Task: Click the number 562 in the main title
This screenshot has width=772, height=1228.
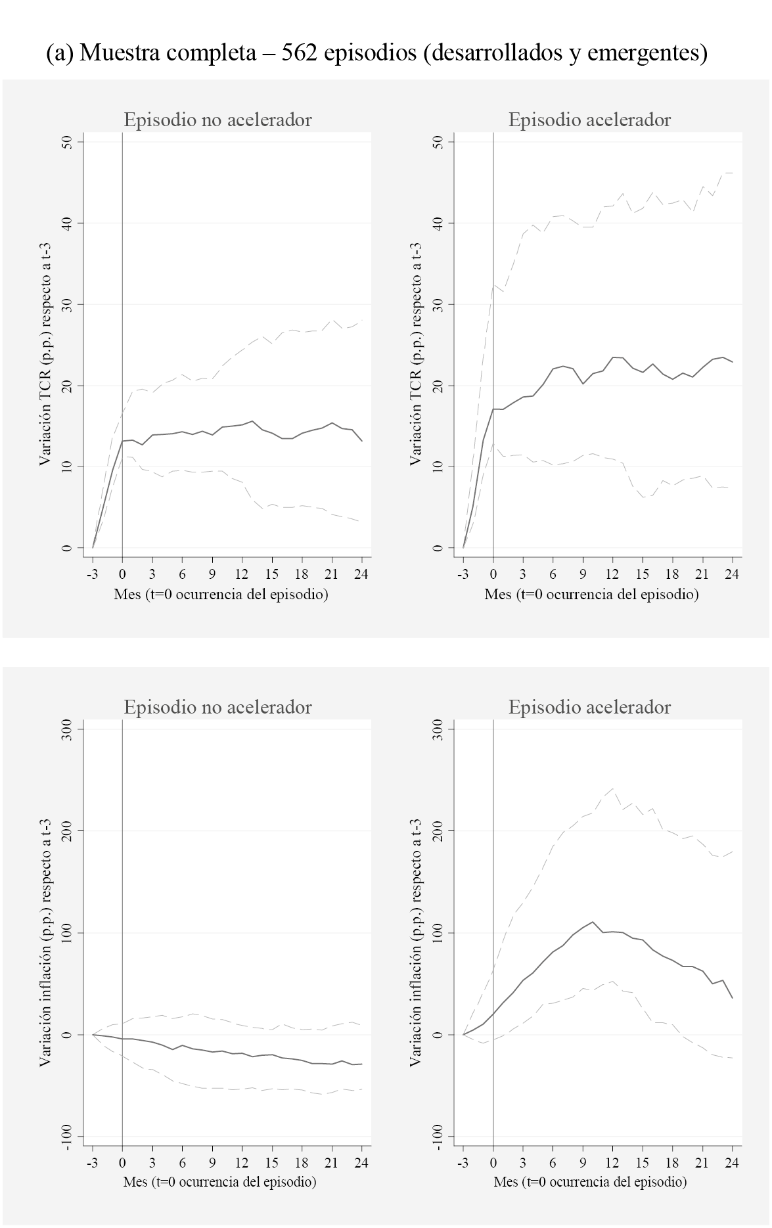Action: coord(299,52)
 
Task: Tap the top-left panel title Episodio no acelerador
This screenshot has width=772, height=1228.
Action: coord(217,120)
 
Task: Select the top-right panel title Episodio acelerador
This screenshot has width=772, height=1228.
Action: coord(589,120)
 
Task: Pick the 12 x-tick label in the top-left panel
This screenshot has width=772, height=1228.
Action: coord(242,574)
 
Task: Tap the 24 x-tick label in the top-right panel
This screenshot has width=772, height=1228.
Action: coord(731,574)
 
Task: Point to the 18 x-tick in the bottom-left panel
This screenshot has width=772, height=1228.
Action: coord(302,1162)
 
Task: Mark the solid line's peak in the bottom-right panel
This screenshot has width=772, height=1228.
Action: coord(593,922)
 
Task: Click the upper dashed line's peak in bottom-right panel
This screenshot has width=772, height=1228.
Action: coord(612,788)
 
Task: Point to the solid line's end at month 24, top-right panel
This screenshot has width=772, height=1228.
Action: coord(732,362)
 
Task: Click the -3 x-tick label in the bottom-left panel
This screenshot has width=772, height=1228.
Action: coord(93,1162)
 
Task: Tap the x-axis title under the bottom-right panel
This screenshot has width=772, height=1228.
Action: coord(590,1182)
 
